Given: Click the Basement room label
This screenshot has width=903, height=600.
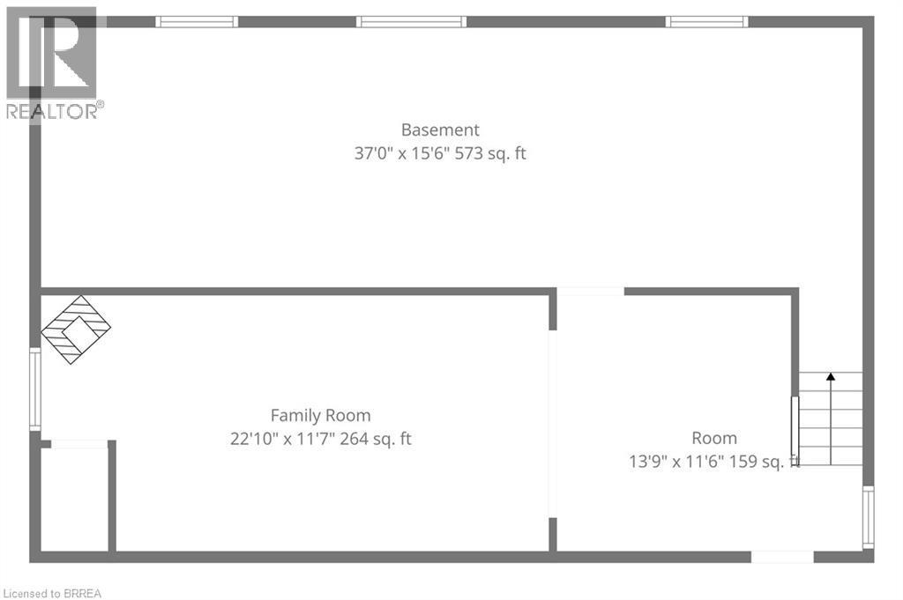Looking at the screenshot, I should (440, 130).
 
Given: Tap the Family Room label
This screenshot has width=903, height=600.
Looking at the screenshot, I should (320, 415).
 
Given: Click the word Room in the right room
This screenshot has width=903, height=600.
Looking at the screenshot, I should (714, 438).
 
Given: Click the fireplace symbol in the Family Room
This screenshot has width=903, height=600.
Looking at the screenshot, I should (76, 330).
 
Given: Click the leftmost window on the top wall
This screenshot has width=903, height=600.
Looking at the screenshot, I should (197, 21).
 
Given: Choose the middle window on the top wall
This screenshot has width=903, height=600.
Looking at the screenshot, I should (411, 21).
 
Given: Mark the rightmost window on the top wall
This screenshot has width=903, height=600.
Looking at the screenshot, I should (706, 21).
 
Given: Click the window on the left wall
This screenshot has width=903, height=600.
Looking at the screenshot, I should (35, 389).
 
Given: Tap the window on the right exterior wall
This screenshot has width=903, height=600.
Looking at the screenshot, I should (868, 516).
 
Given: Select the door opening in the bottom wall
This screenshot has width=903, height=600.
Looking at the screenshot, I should (781, 557).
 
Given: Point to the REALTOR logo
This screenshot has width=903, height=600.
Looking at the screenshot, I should (53, 62).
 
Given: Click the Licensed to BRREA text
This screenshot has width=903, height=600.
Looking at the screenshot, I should (52, 593).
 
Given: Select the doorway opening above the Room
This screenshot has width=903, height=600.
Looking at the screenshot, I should (591, 292).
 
